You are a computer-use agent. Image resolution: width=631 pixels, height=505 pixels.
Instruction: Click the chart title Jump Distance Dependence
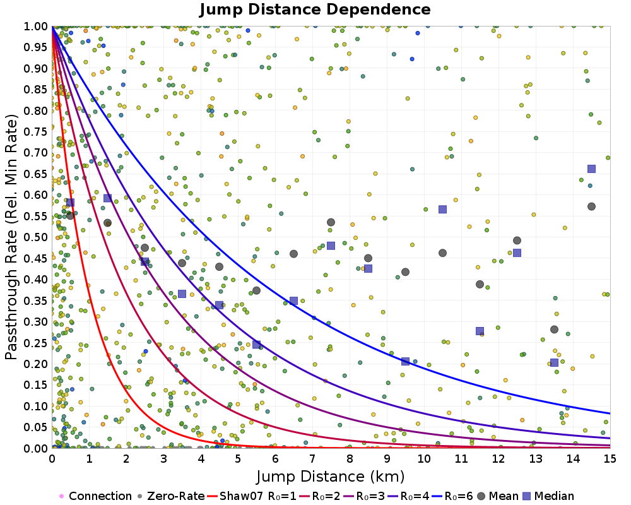pyautogui.click(x=315, y=9)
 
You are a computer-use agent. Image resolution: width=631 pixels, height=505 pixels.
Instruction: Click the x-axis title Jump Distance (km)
pyautogui.click(x=331, y=475)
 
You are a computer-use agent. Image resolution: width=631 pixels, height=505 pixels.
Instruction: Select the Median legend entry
pyautogui.click(x=548, y=496)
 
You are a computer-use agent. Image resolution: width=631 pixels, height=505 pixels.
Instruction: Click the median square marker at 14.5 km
pyautogui.click(x=591, y=169)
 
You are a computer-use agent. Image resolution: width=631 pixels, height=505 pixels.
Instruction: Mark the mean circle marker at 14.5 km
pyautogui.click(x=591, y=206)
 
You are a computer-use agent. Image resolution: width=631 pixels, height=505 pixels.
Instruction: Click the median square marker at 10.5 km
pyautogui.click(x=442, y=209)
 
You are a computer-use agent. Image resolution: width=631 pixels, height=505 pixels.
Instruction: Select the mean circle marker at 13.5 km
pyautogui.click(x=554, y=329)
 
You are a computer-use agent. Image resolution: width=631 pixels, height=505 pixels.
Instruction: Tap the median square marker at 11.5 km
pyautogui.click(x=480, y=331)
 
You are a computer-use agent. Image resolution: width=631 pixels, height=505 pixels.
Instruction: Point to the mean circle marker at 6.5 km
pyautogui.click(x=293, y=254)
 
